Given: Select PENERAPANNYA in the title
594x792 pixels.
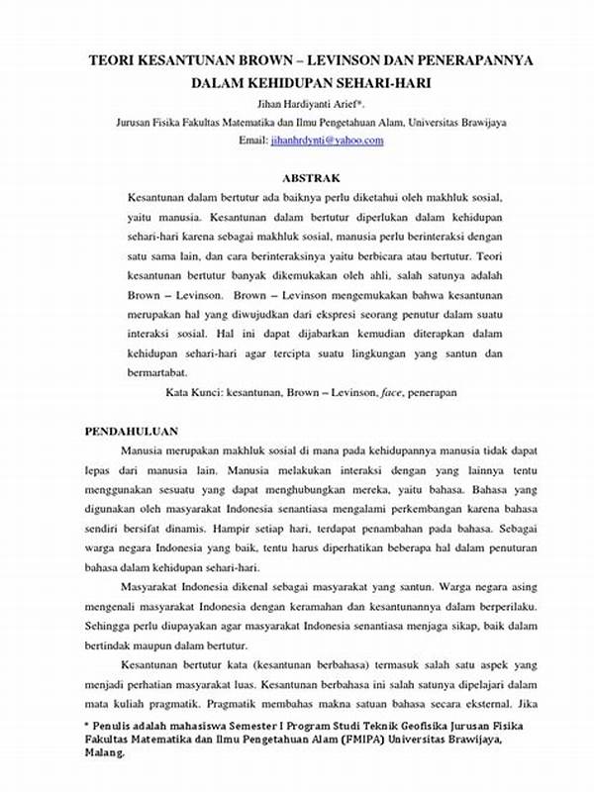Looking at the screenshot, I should point(472,60).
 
